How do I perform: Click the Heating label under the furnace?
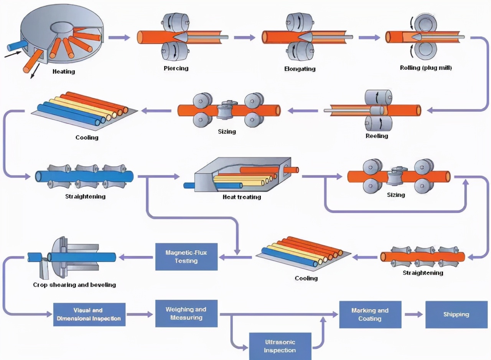pos(64,71)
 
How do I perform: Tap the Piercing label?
pos(176,68)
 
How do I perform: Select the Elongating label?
pos(300,69)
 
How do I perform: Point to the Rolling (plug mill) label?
pos(426,68)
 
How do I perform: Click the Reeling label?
pos(377,136)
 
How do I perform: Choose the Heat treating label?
pos(242,197)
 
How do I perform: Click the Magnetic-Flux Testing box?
pos(186,256)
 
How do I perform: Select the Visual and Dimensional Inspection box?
pos(89,314)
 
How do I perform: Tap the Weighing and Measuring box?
pos(186,313)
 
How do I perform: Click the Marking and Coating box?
pos(370,314)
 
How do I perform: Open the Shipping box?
pos(456,314)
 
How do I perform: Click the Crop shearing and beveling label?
pos(74,285)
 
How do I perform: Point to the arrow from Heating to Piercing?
pos(120,37)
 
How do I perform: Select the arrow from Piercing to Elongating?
pos(244,37)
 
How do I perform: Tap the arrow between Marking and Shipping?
pos(413,314)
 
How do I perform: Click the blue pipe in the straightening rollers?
pos(84,176)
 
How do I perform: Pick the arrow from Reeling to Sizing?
pos(303,111)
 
